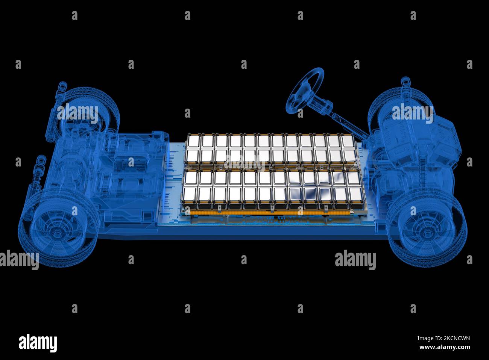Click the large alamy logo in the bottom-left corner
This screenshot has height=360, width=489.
pos(38,342)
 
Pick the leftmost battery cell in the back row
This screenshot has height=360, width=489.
pos(194,141)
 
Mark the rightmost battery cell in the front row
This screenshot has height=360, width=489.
pos(355,195)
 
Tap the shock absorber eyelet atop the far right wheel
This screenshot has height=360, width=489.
pos(405,81)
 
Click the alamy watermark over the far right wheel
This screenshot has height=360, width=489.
pos(412,113)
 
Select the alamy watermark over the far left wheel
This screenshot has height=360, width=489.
pos(77,113)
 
